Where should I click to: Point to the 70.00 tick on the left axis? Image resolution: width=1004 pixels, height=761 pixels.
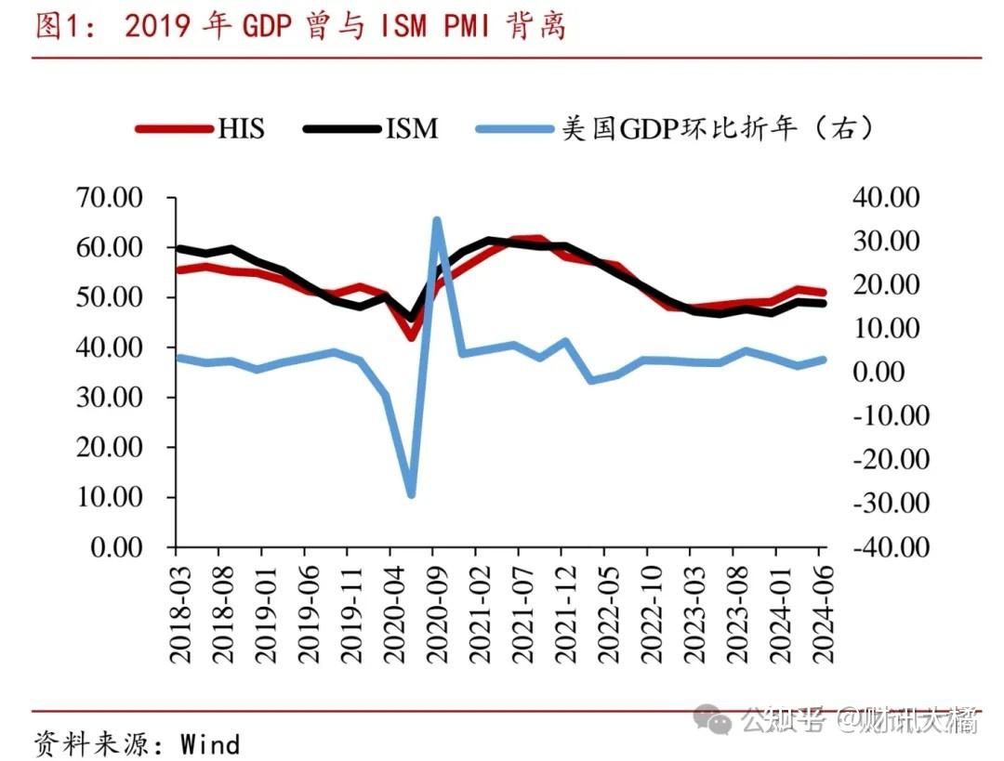click(110, 198)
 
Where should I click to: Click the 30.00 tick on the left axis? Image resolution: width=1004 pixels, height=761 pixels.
click(110, 398)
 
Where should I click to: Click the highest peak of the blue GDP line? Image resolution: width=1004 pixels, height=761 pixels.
click(436, 220)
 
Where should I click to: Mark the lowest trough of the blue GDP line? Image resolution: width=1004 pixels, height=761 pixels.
click(411, 494)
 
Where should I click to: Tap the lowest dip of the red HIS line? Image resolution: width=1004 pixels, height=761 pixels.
click(411, 336)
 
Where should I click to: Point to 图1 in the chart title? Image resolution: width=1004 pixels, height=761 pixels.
click(59, 27)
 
